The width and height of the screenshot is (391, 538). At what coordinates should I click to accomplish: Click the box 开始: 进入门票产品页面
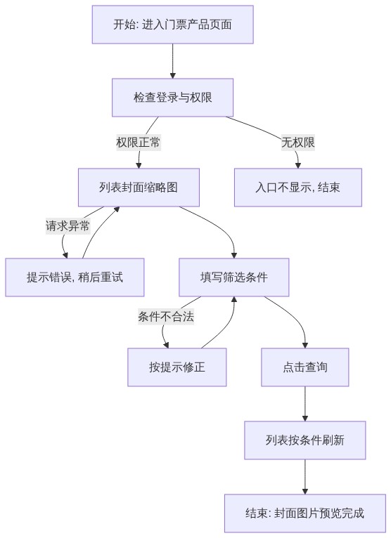click(x=172, y=25)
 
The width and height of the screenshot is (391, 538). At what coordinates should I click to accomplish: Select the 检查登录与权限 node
click(x=172, y=98)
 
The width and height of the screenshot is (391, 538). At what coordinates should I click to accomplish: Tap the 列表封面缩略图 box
click(x=139, y=188)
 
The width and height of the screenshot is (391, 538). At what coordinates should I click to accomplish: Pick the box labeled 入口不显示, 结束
click(x=298, y=188)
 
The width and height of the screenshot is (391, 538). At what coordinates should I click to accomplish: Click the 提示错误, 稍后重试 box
click(x=75, y=277)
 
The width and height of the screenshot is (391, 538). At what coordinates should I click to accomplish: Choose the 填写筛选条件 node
click(x=234, y=277)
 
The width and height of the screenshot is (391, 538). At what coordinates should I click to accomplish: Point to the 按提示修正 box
click(x=177, y=367)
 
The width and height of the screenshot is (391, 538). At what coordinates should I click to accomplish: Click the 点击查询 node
click(x=305, y=367)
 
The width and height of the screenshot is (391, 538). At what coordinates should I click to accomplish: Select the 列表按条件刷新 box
click(x=305, y=440)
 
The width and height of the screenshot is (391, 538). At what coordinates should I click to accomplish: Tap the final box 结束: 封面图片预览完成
click(x=305, y=513)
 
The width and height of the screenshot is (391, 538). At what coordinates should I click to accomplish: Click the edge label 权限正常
click(x=138, y=142)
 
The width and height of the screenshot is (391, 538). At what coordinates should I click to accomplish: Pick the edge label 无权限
click(x=298, y=142)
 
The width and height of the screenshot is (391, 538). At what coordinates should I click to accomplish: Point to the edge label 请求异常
click(x=68, y=225)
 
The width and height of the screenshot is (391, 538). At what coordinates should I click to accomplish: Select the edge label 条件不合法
click(x=166, y=316)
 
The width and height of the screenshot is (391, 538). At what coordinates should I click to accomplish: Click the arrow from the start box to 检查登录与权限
click(x=172, y=61)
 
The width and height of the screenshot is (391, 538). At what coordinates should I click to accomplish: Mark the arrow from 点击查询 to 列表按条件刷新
click(x=305, y=404)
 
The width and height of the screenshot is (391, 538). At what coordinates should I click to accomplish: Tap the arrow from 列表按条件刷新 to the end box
click(x=305, y=477)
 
